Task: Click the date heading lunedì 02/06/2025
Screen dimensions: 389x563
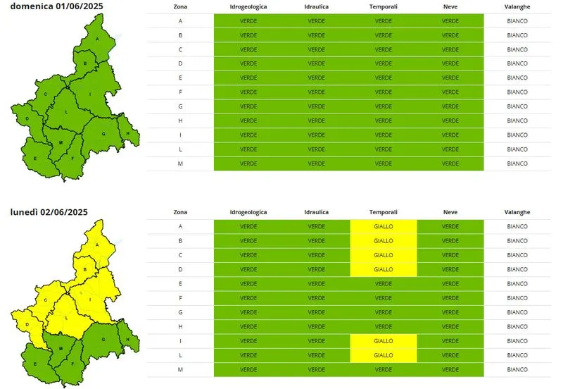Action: coord(49,211)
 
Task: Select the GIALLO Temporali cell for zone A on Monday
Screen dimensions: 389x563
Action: coord(384,226)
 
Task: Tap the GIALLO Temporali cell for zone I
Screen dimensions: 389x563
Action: coord(384,341)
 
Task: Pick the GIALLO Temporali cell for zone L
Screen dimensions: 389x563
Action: coord(384,355)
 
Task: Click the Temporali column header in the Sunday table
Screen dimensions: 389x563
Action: coord(384,6)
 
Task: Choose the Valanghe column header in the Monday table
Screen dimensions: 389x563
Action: coord(517,211)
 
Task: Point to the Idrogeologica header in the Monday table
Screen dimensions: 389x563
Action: coord(248,211)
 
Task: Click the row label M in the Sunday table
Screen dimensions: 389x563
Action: coord(181,163)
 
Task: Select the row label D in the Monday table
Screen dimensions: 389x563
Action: coord(181,269)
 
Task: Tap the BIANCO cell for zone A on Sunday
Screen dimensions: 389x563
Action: coord(517,21)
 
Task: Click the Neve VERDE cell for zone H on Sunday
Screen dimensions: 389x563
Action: coord(450,121)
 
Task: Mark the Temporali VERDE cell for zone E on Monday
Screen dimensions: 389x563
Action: coord(384,283)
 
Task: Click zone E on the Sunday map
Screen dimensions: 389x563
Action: coord(35,159)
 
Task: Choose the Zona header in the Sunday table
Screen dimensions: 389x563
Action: coord(181,6)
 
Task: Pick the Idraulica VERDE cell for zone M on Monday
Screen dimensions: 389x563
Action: coord(317,369)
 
